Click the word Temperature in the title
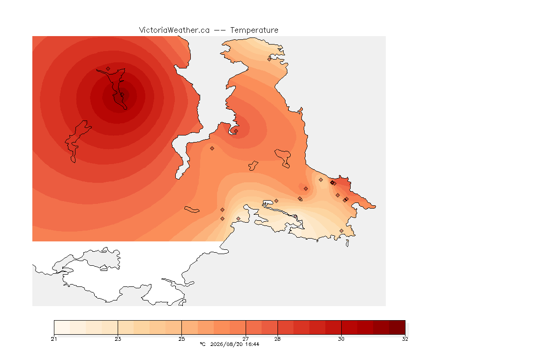pos(254,30)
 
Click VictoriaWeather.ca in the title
pos(174,30)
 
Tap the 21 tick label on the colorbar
pos(54,339)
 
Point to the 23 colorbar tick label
pos(118,339)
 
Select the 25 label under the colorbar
pos(181,339)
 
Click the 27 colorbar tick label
pos(246,339)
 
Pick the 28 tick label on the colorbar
pos(277,339)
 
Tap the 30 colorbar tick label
pos(341,339)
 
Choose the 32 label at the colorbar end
pos(405,339)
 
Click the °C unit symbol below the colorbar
pos(202,344)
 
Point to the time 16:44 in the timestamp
pos(252,344)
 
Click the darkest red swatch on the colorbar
pos(397,327)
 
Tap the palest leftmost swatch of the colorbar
pos(62,327)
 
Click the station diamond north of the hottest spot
pos(108,69)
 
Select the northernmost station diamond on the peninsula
pos(270,59)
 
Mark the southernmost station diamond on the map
pos(341,231)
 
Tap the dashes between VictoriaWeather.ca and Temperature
pos(220,30)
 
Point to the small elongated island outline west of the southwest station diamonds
pos(192,210)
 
